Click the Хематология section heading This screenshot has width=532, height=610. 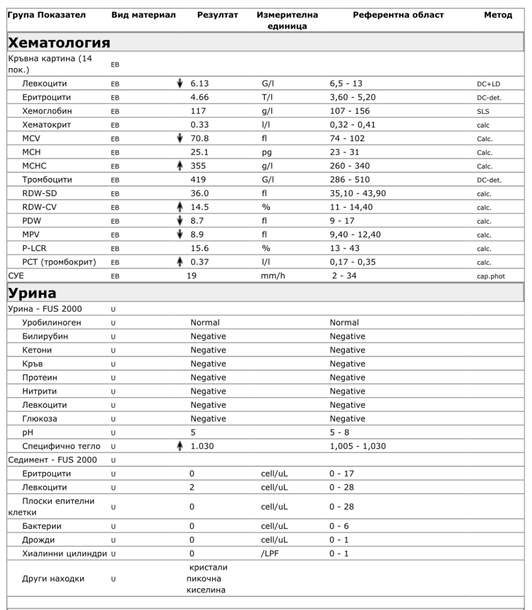coord(59,42)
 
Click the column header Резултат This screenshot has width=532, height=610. coord(217,15)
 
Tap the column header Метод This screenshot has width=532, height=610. coord(498,15)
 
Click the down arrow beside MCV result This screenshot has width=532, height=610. coord(182,138)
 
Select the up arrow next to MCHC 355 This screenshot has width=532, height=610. coord(182,166)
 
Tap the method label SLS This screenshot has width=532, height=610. coord(482,112)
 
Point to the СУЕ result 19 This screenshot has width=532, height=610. coord(193,276)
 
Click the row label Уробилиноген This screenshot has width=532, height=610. coord(51,323)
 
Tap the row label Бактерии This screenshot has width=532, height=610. coord(42,526)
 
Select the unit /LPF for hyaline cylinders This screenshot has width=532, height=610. coord(269,553)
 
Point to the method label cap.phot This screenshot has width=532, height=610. coord(491,276)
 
